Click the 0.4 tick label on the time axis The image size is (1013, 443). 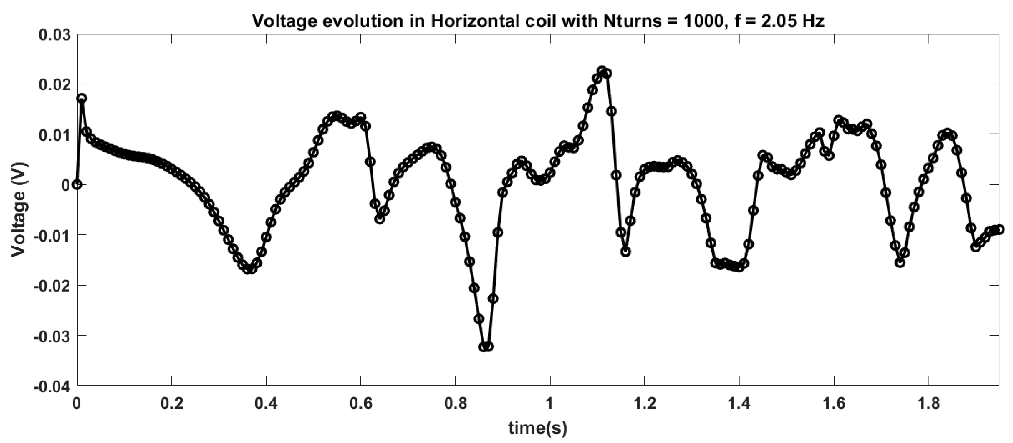[x=266, y=404]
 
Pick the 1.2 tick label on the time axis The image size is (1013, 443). [x=645, y=404]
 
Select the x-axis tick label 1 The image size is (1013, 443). [x=550, y=404]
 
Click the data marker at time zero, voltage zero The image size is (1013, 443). [x=78, y=185]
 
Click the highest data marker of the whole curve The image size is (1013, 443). [x=602, y=71]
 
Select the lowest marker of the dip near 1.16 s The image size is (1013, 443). [x=626, y=252]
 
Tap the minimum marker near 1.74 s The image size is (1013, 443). [x=900, y=263]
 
